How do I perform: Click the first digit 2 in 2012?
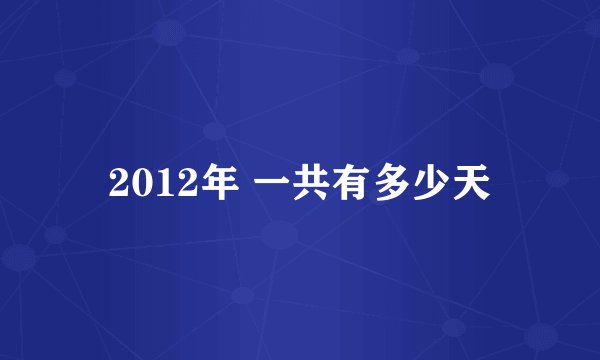[x=118, y=184]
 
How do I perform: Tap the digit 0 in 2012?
[x=137, y=184]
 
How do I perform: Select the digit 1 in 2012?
[x=156, y=184]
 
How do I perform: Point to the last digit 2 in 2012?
[x=174, y=184]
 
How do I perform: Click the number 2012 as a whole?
[x=146, y=184]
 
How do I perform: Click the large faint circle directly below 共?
[x=279, y=236]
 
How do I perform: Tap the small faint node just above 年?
[x=214, y=129]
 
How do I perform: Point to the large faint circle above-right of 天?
[x=496, y=76]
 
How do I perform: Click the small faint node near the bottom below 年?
[x=240, y=296]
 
